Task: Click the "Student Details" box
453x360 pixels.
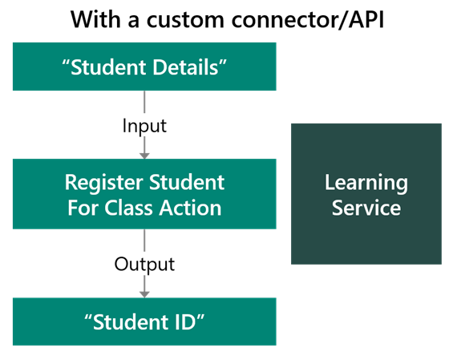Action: point(144,67)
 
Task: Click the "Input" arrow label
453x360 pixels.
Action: point(144,126)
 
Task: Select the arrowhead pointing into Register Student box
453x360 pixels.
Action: point(144,154)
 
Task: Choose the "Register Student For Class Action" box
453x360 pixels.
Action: point(144,194)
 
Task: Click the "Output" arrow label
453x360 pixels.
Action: point(144,264)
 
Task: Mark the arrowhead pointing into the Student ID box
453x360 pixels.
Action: point(144,293)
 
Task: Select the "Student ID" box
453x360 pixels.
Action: point(144,322)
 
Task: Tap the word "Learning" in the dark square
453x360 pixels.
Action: point(366,182)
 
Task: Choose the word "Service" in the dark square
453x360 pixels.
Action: point(366,208)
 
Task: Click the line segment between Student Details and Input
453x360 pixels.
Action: point(144,102)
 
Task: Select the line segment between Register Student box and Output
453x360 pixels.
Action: point(144,241)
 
